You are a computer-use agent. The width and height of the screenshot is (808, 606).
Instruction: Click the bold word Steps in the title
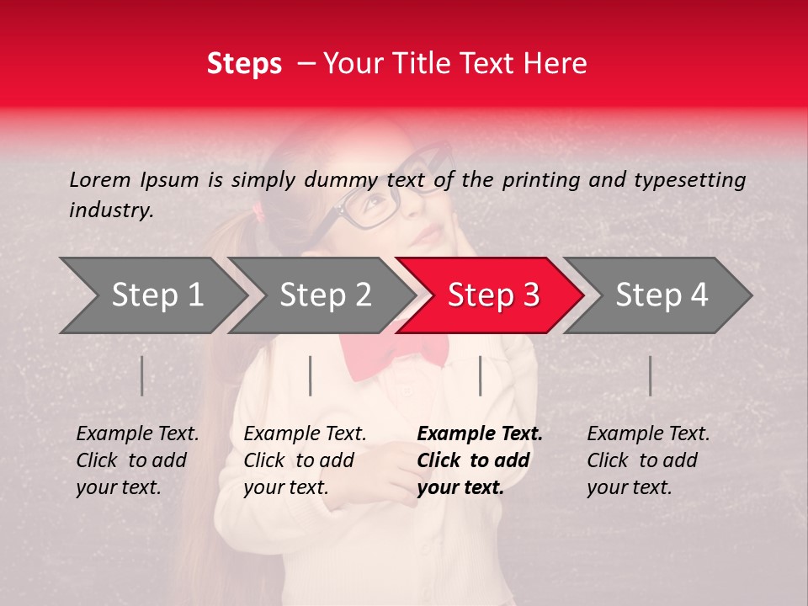click(x=244, y=63)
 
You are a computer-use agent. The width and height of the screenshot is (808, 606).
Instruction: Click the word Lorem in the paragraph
click(x=100, y=179)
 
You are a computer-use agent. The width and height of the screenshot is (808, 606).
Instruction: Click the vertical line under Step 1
click(x=142, y=375)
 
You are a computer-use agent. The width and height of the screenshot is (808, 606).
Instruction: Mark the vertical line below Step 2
click(x=311, y=375)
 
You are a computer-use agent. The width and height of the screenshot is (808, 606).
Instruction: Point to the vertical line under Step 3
click(x=481, y=375)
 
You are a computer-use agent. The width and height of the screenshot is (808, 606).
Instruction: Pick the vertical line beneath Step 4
click(x=651, y=375)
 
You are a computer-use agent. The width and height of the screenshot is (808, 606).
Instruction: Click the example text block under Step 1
click(x=136, y=460)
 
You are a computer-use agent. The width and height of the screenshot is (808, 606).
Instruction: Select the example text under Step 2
click(x=304, y=460)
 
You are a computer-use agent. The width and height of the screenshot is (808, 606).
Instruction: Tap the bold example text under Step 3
click(x=479, y=460)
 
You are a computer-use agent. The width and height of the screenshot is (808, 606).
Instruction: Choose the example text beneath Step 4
click(x=647, y=460)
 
